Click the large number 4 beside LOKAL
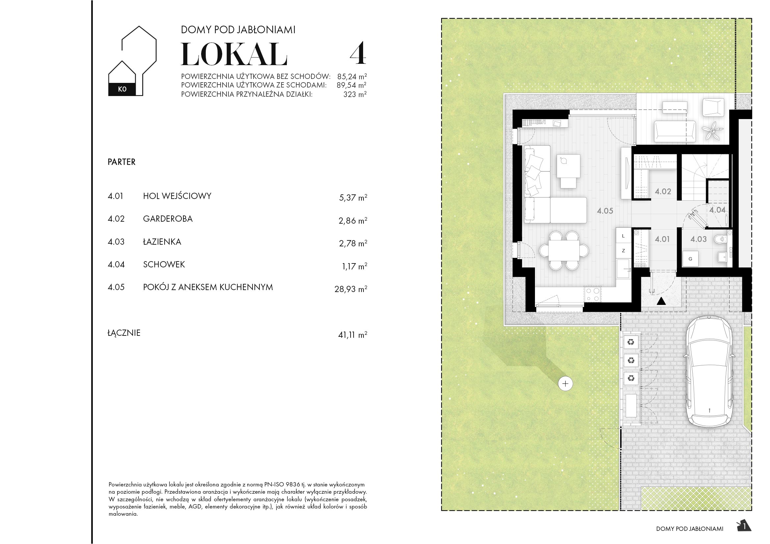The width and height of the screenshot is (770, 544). [358, 54]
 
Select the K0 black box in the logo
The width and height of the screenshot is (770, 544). [122, 89]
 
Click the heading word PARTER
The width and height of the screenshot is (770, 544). [121, 162]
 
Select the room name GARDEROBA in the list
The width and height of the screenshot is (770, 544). [168, 219]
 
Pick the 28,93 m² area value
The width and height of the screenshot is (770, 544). [351, 289]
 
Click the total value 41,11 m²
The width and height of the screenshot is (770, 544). [352, 334]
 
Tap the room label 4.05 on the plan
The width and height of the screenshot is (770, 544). [605, 211]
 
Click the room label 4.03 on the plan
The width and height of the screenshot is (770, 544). [698, 239]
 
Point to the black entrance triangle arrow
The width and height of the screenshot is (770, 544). [661, 301]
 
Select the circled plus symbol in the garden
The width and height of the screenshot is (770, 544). [566, 383]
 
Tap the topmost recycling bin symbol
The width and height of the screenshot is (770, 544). [631, 342]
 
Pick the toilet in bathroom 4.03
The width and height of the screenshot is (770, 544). [719, 239]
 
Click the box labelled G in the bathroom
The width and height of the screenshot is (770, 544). [690, 259]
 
